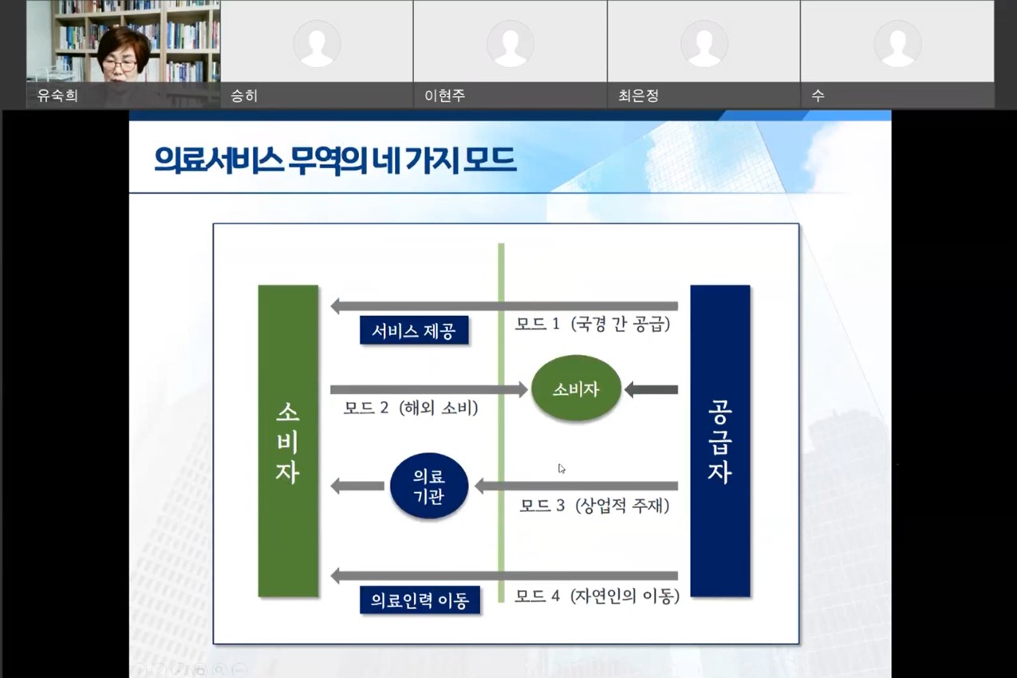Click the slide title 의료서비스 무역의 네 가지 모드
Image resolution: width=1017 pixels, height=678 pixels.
click(x=335, y=160)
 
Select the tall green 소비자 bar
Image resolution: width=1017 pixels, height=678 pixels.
click(x=288, y=440)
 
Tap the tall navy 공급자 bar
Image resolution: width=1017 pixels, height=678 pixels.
click(x=719, y=440)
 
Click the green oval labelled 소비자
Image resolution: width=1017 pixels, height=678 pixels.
click(x=576, y=389)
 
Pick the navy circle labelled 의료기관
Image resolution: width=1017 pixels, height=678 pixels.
click(x=429, y=486)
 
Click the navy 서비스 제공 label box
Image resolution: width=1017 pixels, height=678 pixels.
click(x=413, y=331)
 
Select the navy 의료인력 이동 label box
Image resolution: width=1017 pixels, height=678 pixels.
click(x=420, y=600)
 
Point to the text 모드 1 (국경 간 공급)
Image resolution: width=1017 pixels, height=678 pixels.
click(x=593, y=325)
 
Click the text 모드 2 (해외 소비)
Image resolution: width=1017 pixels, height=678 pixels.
click(x=411, y=408)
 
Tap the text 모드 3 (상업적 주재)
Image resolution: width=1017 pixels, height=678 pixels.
click(x=594, y=506)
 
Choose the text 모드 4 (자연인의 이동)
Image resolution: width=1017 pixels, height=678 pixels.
click(x=597, y=596)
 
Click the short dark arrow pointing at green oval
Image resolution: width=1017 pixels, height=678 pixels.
click(x=651, y=390)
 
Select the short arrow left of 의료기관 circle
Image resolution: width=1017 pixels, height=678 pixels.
click(x=357, y=485)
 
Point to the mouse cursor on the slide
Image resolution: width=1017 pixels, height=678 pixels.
click(x=562, y=468)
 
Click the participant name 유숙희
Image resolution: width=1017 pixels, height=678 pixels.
click(x=57, y=96)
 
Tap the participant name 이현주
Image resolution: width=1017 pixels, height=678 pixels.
click(x=444, y=96)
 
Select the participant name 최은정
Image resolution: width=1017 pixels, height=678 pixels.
click(x=638, y=96)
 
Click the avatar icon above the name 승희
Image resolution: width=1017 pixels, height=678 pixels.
click(x=317, y=43)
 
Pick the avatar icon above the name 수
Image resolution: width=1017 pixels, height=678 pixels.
click(x=897, y=43)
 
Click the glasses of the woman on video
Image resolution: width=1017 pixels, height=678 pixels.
click(x=120, y=65)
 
